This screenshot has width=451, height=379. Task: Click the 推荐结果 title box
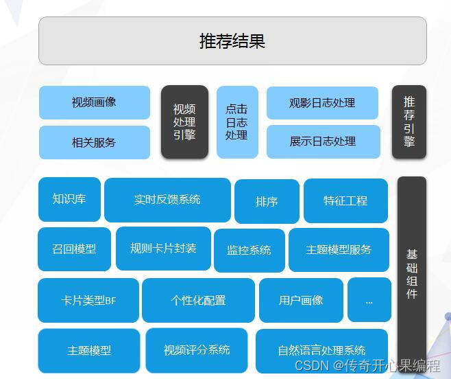(x=232, y=41)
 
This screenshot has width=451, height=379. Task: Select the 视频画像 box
(x=95, y=102)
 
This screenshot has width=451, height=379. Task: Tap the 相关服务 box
(x=95, y=142)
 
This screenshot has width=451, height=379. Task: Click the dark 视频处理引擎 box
(x=184, y=122)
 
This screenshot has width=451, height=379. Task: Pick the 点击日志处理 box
(x=237, y=122)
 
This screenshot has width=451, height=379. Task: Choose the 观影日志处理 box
(x=322, y=103)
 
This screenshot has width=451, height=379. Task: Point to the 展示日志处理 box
(x=322, y=141)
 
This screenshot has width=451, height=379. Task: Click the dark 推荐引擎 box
(x=409, y=122)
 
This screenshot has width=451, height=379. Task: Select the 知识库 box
(x=69, y=199)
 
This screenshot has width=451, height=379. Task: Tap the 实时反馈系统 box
(x=167, y=200)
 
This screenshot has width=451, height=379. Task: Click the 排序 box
(x=267, y=201)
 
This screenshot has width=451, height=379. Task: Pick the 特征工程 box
(x=345, y=200)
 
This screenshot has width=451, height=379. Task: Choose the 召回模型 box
(x=74, y=249)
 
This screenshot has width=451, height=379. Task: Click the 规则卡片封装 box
(x=163, y=248)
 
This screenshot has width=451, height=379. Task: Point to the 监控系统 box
(x=249, y=250)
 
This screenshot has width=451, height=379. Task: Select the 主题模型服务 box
(x=339, y=249)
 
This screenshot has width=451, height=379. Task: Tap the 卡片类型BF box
(x=88, y=300)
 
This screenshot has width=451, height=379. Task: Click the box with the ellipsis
(x=369, y=300)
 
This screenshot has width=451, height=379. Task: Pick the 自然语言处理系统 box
(x=321, y=350)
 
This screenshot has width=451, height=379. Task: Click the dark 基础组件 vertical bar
(x=412, y=275)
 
